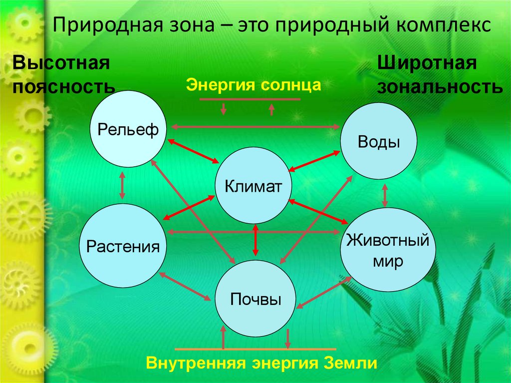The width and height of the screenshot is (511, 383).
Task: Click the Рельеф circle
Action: point(128,129)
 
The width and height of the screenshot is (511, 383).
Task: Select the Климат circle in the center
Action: point(254,186)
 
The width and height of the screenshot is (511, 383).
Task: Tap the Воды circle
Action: point(379,142)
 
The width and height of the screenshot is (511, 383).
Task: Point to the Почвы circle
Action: point(255,300)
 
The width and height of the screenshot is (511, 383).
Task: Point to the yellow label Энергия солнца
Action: point(253,84)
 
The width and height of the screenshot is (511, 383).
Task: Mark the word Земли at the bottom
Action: point(351,363)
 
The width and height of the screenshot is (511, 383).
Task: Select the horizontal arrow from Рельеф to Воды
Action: point(255,128)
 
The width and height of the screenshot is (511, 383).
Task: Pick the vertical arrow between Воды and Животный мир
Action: point(385,195)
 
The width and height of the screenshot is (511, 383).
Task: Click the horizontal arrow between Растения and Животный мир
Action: point(255,232)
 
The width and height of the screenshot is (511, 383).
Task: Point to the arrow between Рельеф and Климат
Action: point(194,151)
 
